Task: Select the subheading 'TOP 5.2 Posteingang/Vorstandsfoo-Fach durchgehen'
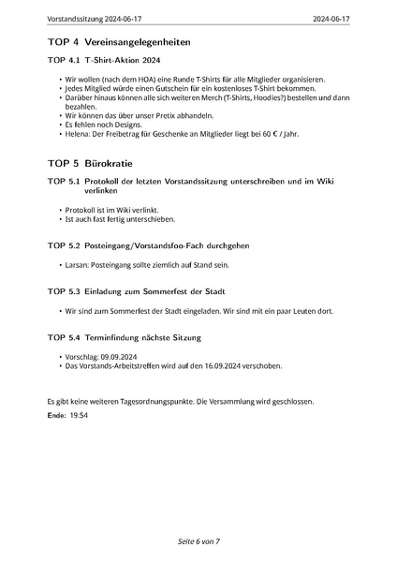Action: [x=148, y=245]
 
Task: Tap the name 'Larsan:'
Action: [x=76, y=266]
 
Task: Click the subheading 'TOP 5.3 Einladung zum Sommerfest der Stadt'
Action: [x=137, y=291]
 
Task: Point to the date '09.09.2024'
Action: [x=116, y=358]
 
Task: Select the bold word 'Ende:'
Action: [x=56, y=414]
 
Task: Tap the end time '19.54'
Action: [x=79, y=414]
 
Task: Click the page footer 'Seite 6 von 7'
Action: [x=198, y=542]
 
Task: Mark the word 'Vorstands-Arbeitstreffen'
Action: [x=125, y=366]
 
